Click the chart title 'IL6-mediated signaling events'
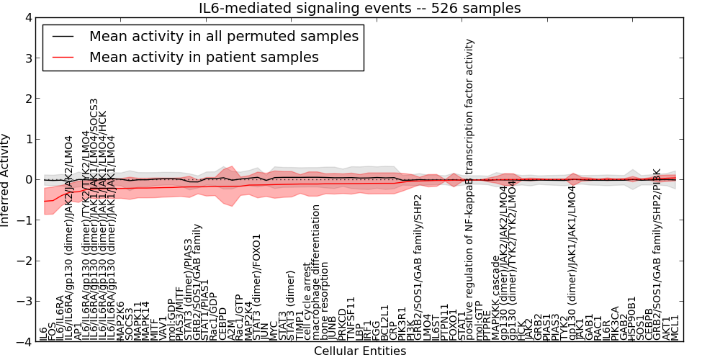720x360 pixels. (x=360, y=8)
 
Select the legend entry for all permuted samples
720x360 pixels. (x=223, y=36)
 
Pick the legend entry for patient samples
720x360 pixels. (x=204, y=57)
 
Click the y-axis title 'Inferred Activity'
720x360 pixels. (x=6, y=180)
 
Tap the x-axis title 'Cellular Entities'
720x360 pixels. (x=360, y=351)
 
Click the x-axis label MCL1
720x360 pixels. (x=675, y=328)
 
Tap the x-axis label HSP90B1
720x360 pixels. (x=631, y=318)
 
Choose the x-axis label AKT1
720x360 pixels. (x=667, y=328)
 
